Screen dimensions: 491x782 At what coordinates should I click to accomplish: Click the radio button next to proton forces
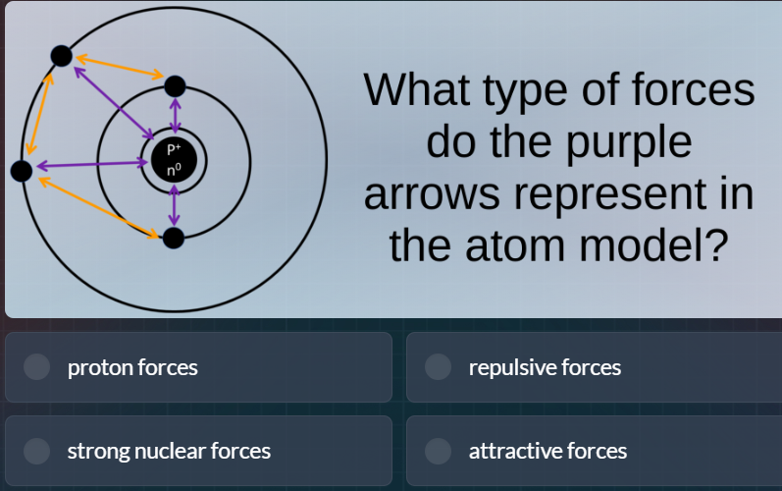[37, 367]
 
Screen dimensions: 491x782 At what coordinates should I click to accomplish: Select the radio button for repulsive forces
[439, 367]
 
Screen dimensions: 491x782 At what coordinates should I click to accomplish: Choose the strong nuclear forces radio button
[37, 451]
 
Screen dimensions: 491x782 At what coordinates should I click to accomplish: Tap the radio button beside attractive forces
[439, 451]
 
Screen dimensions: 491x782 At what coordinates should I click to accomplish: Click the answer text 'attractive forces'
[547, 451]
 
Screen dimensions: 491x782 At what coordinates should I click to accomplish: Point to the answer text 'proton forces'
[132, 367]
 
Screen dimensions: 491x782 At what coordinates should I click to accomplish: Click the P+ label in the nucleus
[174, 149]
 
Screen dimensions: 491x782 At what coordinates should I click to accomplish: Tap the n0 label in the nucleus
[174, 170]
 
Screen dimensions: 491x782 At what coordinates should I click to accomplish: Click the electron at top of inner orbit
[175, 86]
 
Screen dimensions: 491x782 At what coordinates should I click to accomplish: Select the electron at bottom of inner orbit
[174, 238]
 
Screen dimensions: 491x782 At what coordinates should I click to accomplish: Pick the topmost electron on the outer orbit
[61, 56]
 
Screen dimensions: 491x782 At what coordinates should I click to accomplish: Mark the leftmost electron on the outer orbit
[21, 171]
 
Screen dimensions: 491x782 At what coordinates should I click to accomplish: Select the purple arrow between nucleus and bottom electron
[174, 205]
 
